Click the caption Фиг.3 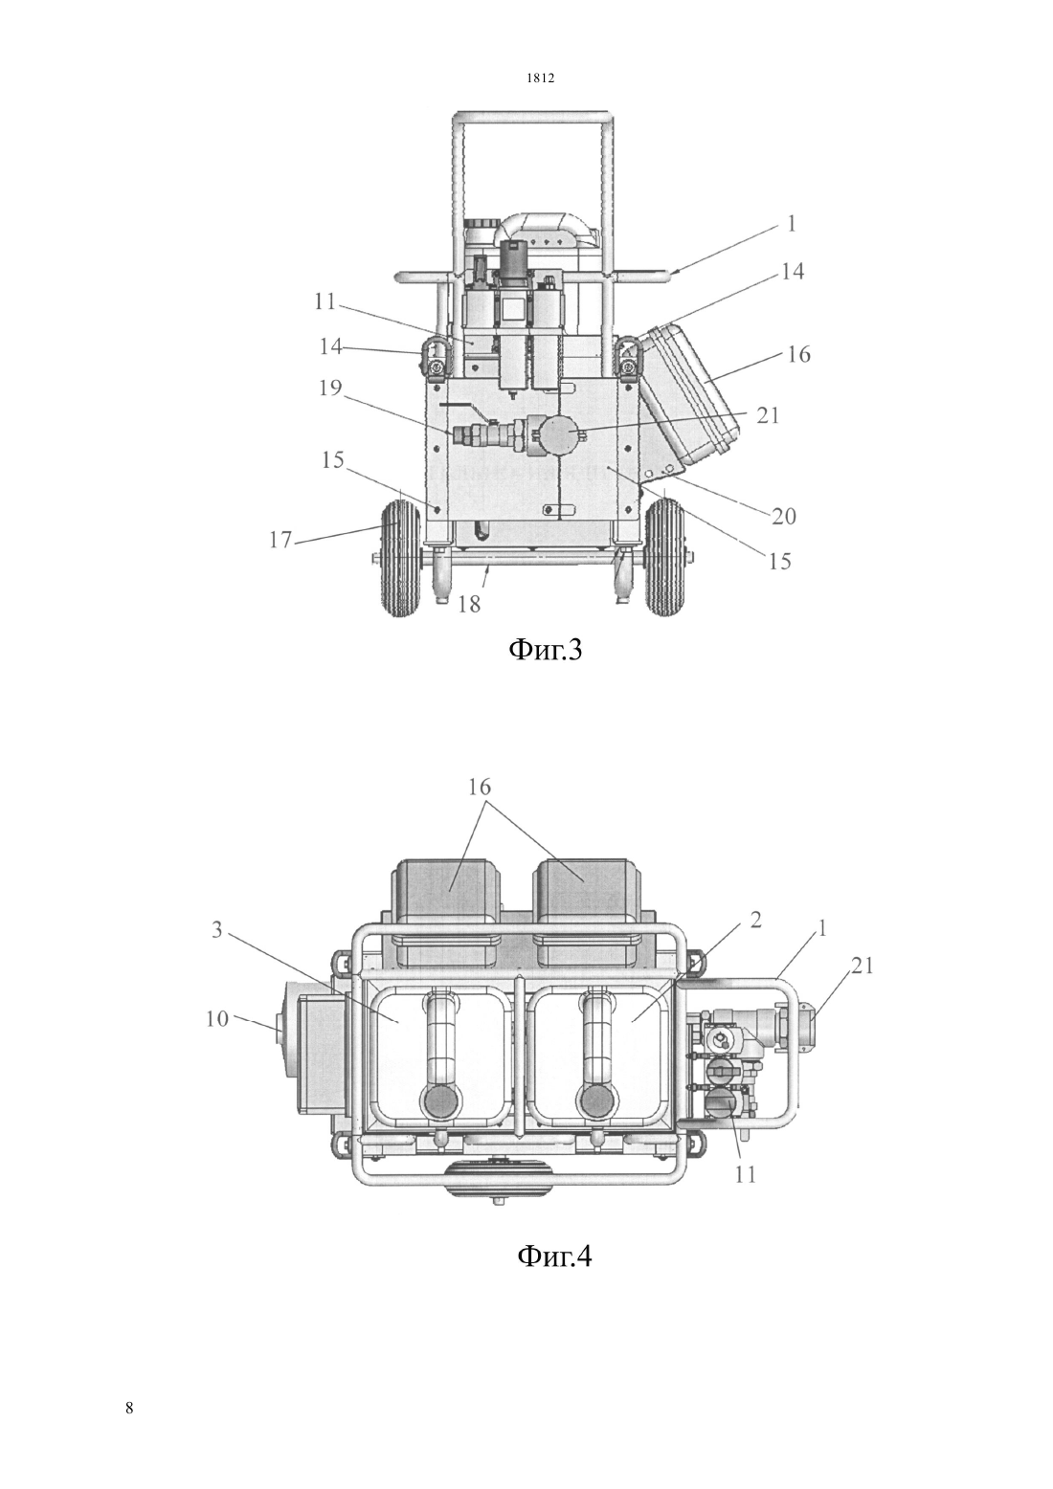[545, 650]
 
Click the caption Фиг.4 [553, 1255]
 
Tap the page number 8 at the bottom [129, 1408]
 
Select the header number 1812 [541, 78]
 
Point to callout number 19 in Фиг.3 [329, 388]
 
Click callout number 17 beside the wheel [280, 540]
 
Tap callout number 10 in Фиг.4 [216, 1018]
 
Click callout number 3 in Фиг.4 [216, 930]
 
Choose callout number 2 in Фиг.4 [755, 920]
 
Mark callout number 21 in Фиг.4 [862, 966]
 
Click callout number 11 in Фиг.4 [745, 1174]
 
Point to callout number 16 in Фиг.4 [479, 787]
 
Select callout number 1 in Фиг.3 [791, 223]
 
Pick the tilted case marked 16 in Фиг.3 [689, 394]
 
